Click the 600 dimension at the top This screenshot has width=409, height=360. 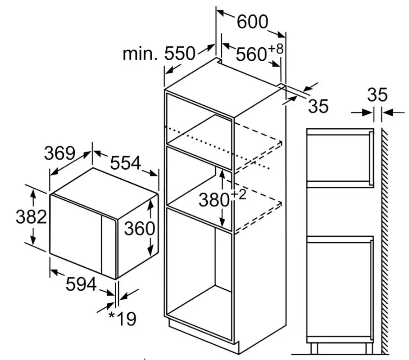253,21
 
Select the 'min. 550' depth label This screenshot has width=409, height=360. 159,54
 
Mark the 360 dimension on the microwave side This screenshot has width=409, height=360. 140,229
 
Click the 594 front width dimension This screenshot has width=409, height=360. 81,284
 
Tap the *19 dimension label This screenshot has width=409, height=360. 122,319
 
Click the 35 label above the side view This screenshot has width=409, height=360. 377,95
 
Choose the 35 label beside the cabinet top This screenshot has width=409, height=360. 318,107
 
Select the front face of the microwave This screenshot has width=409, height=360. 77,234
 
